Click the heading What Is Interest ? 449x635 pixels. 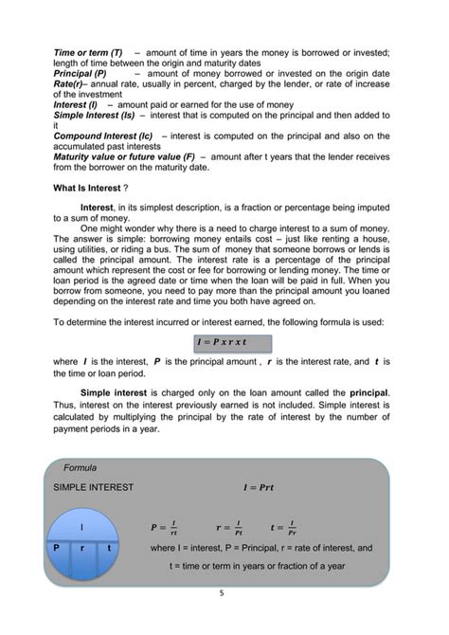point(93,188)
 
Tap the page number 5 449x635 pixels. point(223,594)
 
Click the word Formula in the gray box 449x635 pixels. point(80,467)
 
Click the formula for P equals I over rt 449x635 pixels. point(164,528)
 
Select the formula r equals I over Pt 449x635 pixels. point(229,528)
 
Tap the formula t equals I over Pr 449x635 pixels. point(284,528)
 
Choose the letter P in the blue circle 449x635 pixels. point(56,548)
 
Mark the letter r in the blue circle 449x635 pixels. point(82,548)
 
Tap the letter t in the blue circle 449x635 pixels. point(109,548)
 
